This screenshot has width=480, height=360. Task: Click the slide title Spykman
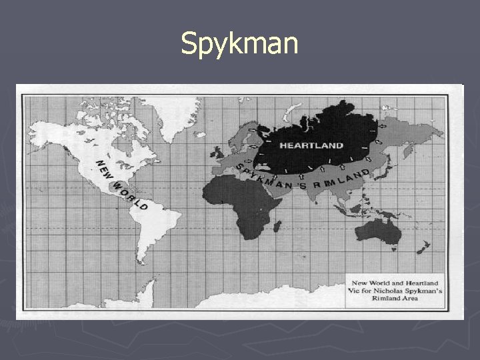coord(239,44)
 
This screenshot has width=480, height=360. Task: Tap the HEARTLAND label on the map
coord(311,145)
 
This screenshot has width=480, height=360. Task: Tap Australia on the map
coord(377,229)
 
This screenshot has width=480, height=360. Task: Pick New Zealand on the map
coord(421,248)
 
